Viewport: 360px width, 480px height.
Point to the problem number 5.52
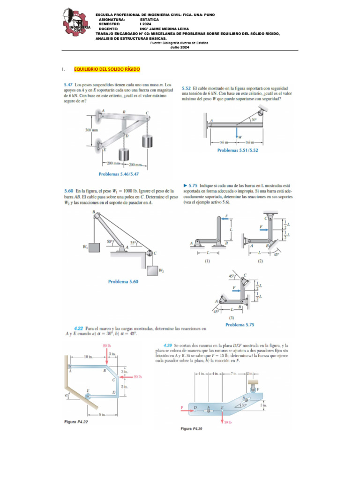coord(188,88)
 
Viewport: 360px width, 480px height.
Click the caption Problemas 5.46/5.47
coord(119,173)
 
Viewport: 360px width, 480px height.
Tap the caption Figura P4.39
coord(193,428)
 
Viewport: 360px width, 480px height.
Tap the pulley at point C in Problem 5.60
coord(149,254)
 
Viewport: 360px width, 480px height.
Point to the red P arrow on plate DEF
coord(184,407)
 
